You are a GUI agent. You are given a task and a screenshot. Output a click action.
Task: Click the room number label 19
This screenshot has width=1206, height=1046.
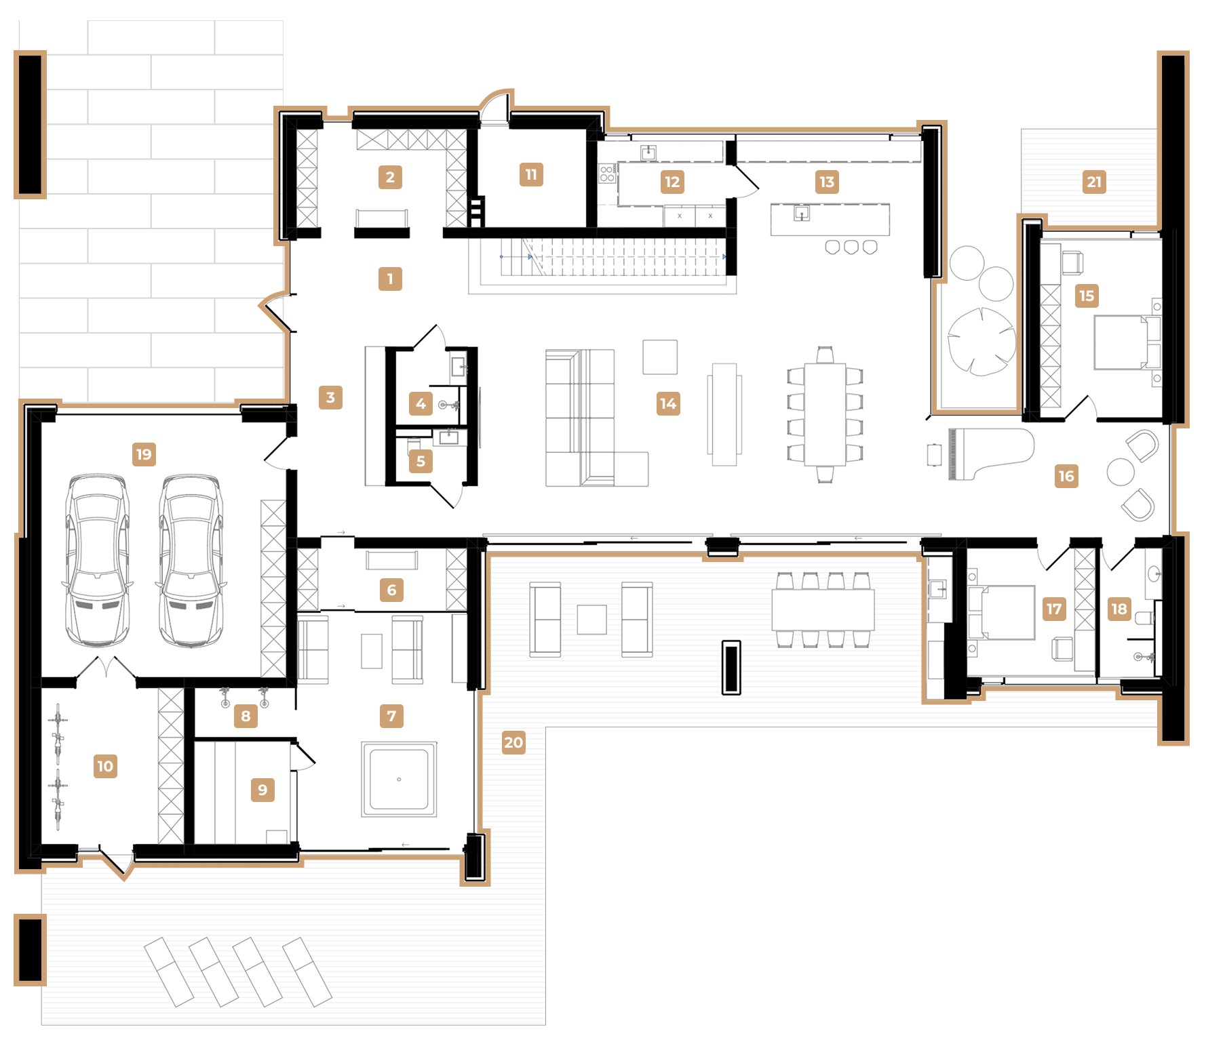[x=144, y=454]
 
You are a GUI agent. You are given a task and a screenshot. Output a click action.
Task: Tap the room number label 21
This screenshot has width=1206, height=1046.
[x=1094, y=182]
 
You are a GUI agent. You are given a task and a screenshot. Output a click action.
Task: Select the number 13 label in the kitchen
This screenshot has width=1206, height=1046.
[x=827, y=182]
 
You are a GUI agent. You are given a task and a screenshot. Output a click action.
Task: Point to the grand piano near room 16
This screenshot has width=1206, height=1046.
[x=990, y=454]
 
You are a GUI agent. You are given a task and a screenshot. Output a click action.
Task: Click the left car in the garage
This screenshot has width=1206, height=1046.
[x=96, y=561]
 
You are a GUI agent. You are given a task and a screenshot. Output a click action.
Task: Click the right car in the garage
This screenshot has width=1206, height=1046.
[x=191, y=561]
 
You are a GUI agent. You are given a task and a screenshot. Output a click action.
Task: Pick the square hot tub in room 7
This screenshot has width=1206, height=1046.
[x=399, y=779]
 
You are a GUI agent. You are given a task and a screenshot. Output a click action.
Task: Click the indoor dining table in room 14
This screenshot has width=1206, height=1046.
[x=825, y=414]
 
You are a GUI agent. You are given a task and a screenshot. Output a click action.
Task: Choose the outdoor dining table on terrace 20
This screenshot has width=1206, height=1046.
[x=823, y=609]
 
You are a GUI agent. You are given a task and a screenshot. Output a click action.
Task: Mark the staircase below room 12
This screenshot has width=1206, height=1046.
[x=614, y=258]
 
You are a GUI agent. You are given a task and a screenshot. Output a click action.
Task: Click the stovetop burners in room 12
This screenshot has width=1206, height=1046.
[x=607, y=173]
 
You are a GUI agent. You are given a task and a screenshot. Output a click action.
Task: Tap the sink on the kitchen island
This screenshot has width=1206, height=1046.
[x=801, y=214]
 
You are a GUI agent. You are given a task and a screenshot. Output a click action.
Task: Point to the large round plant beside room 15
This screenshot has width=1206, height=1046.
[x=981, y=342]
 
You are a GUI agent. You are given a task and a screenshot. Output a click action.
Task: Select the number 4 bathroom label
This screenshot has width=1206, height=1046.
[x=421, y=404]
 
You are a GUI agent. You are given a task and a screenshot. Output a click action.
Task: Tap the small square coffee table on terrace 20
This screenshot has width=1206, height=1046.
[x=591, y=620]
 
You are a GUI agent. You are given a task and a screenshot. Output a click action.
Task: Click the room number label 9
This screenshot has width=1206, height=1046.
[x=262, y=790]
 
